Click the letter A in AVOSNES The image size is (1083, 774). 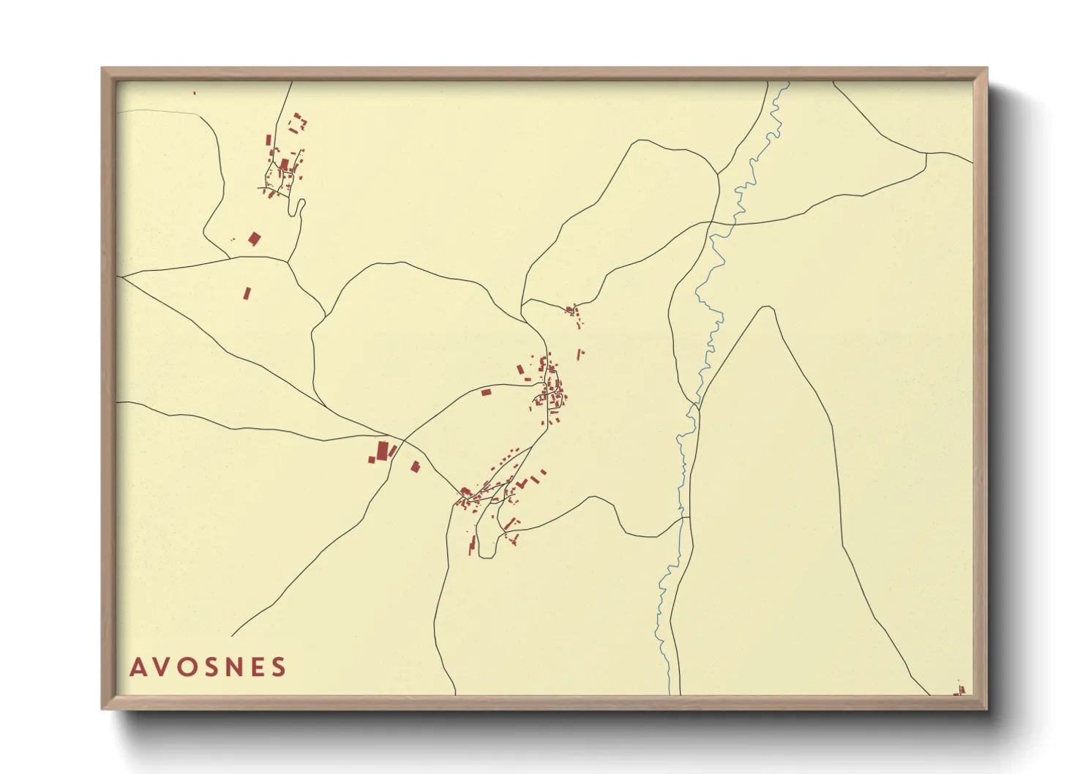137,667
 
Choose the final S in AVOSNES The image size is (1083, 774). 279,667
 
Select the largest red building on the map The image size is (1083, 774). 382,450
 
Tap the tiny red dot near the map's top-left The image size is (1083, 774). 194,93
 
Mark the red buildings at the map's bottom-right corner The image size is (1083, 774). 960,690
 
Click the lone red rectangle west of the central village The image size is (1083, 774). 486,392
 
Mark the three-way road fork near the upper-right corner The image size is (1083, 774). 926,154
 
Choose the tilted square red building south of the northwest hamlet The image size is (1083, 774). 254,238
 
